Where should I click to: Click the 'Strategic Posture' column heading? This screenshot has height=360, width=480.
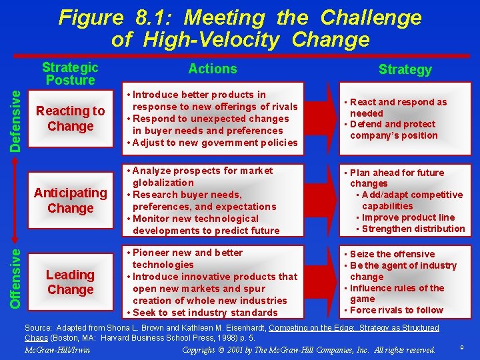click(70, 73)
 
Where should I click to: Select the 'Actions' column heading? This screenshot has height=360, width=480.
click(213, 69)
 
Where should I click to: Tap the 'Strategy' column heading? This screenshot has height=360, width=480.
click(405, 69)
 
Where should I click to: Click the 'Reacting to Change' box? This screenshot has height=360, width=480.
click(70, 119)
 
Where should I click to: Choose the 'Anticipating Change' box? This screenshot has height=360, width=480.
click(70, 200)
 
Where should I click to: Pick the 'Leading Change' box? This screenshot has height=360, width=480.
click(70, 282)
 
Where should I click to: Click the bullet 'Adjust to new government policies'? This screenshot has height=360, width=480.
click(212, 143)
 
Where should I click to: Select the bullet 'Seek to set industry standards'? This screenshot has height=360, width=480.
click(205, 313)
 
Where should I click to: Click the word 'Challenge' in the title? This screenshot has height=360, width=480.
click(371, 17)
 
